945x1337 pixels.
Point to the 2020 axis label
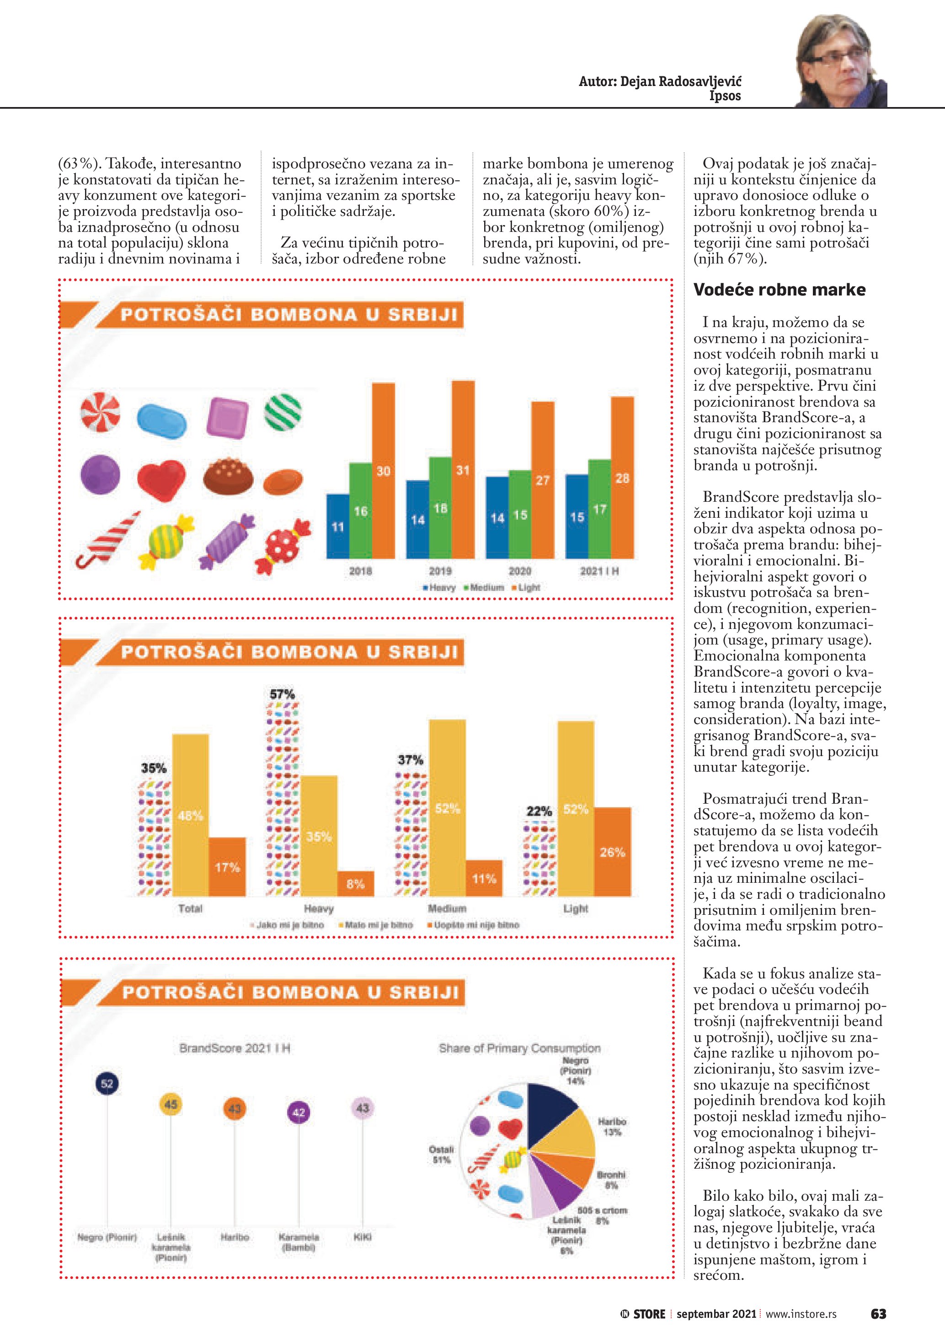point(520,571)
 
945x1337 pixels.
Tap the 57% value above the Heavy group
point(282,694)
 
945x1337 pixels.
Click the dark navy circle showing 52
point(107,1084)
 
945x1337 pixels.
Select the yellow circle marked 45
point(171,1105)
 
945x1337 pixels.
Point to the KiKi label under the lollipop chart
point(363,1237)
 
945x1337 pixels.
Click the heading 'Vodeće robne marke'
point(779,290)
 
